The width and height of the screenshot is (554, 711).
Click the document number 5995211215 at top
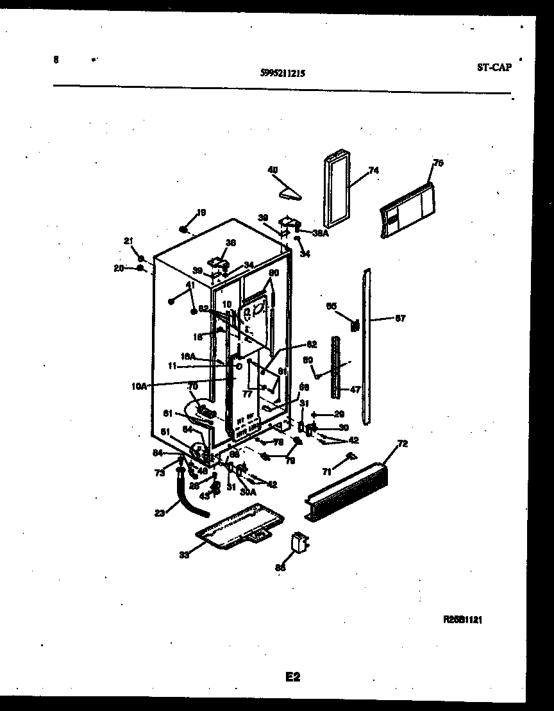click(283, 73)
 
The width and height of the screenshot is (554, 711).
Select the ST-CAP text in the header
click(494, 67)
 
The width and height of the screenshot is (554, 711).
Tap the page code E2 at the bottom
click(292, 676)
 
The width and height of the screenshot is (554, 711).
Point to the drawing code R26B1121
click(462, 620)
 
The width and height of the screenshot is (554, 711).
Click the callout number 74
click(373, 171)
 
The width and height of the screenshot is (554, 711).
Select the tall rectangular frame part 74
click(335, 190)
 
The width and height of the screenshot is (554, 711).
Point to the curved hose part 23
click(190, 497)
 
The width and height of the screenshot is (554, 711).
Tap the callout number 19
click(201, 213)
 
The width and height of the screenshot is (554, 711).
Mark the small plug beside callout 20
click(139, 268)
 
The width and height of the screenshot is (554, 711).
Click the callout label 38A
click(321, 233)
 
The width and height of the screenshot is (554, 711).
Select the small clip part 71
click(349, 456)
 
